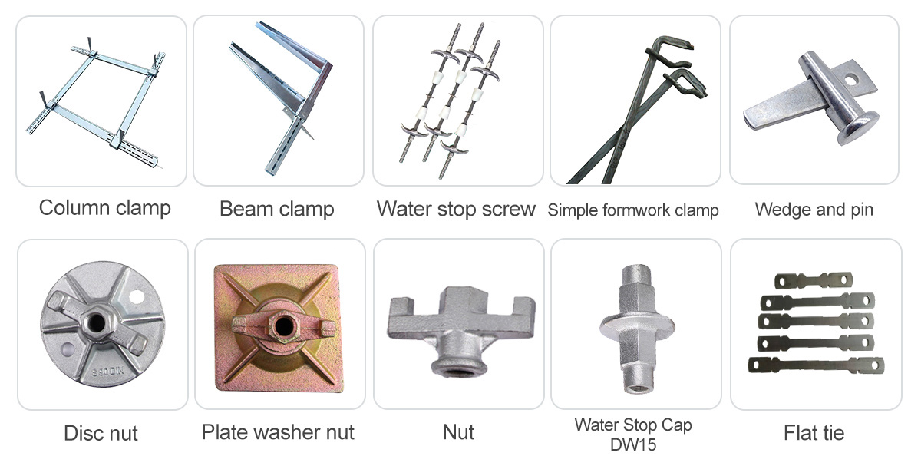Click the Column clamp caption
coord(105,208)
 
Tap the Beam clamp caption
coord(277,209)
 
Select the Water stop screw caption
coord(456,209)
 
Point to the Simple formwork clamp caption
coord(633,210)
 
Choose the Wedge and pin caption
coord(814,210)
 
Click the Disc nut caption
coord(101,433)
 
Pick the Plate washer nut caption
coord(278,432)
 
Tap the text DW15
coord(633,445)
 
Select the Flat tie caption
coord(814,433)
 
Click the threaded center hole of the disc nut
coord(96,322)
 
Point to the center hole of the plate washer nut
coord(283,326)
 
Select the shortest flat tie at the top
coord(814,281)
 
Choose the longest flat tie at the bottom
coord(816,365)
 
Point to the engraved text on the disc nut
coord(107,372)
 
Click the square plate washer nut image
coord(279,328)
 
